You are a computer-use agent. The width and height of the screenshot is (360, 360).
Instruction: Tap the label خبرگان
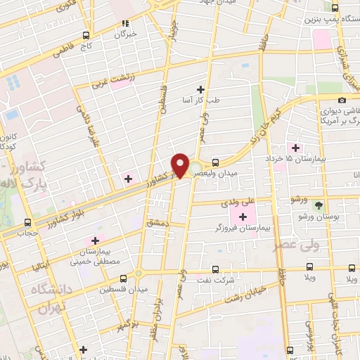click(x=126, y=33)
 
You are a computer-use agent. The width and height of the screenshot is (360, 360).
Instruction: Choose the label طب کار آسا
click(x=201, y=100)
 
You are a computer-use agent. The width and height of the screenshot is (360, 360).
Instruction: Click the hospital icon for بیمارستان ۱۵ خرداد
click(x=296, y=148)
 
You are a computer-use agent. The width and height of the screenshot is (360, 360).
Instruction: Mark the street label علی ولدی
click(x=239, y=202)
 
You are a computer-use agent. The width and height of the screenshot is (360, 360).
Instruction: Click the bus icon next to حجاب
click(x=28, y=222)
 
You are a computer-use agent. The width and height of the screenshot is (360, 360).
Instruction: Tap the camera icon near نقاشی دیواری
click(x=342, y=100)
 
